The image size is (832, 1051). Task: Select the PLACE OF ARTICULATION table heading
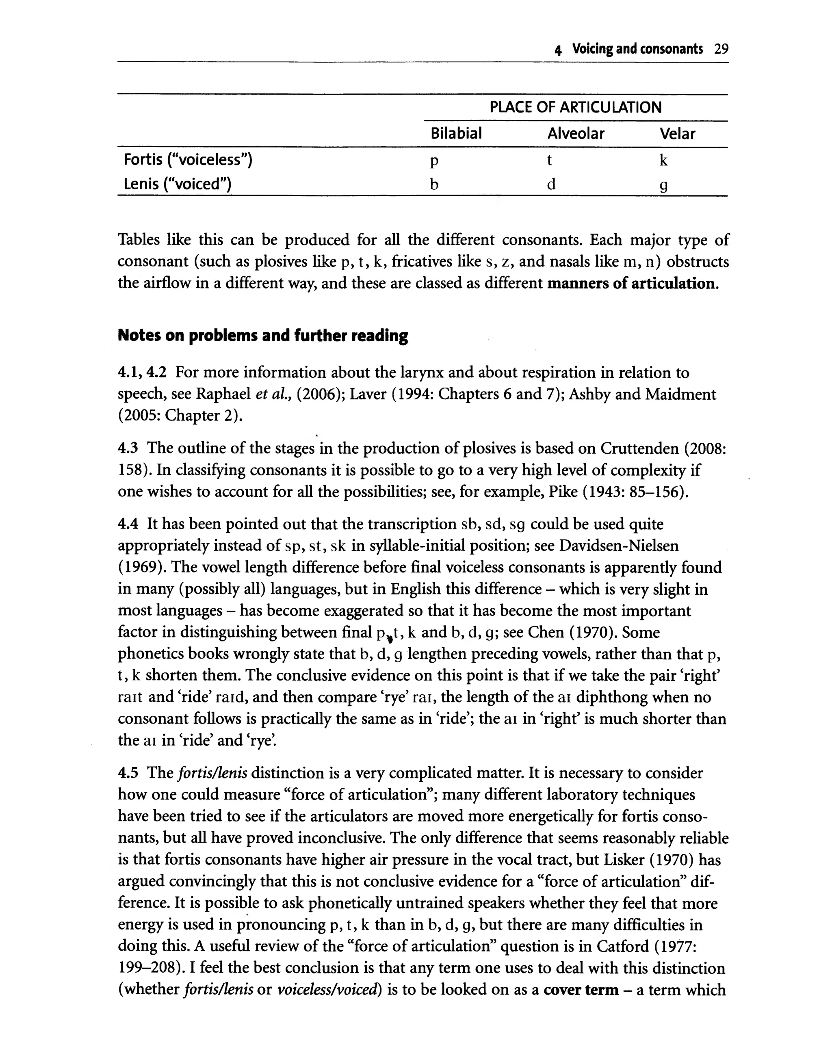point(575,107)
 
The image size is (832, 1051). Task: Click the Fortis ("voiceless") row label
point(188,160)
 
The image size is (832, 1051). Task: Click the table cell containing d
point(551,184)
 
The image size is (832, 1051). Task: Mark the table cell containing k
point(663,160)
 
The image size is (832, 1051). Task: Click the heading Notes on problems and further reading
point(262,336)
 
